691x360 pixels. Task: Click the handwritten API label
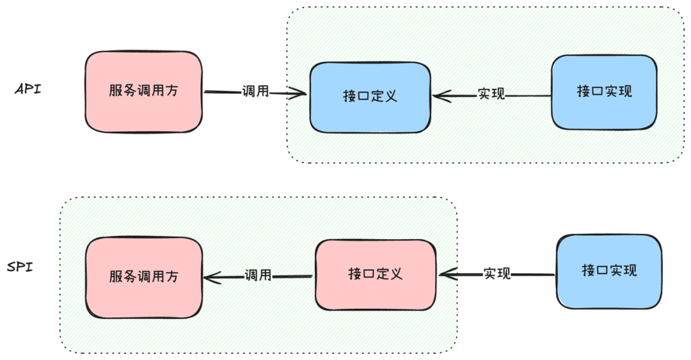(x=28, y=89)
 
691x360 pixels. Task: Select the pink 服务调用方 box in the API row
(x=143, y=91)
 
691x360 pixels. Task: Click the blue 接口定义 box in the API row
(x=370, y=97)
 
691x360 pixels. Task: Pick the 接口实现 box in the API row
(x=604, y=91)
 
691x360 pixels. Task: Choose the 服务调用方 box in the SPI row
(x=143, y=277)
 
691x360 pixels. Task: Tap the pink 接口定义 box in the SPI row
(x=375, y=274)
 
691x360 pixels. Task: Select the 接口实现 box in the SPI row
(x=608, y=270)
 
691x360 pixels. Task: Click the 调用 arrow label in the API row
(x=255, y=91)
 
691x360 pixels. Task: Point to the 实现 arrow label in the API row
(x=491, y=95)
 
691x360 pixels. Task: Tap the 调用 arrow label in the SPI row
(x=258, y=276)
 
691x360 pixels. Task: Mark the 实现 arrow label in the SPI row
(x=496, y=274)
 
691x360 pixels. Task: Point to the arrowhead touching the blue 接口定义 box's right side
(x=441, y=96)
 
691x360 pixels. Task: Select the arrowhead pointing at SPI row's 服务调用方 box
(x=212, y=278)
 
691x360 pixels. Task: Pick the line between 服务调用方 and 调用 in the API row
(x=222, y=92)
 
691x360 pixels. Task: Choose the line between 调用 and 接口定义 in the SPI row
(x=292, y=276)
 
